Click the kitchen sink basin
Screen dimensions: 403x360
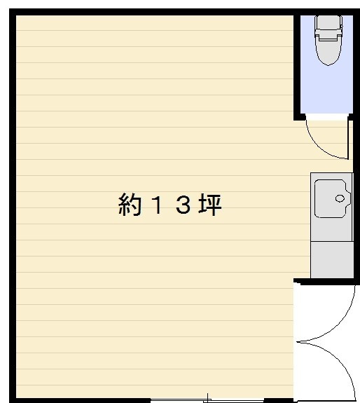[x=331, y=198]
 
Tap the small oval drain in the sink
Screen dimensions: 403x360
[x=341, y=198]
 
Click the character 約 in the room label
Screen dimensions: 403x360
[x=130, y=205]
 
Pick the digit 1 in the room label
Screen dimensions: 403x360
[x=155, y=205]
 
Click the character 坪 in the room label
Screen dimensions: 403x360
[x=209, y=205]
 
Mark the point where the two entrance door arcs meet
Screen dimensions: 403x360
[x=298, y=343]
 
